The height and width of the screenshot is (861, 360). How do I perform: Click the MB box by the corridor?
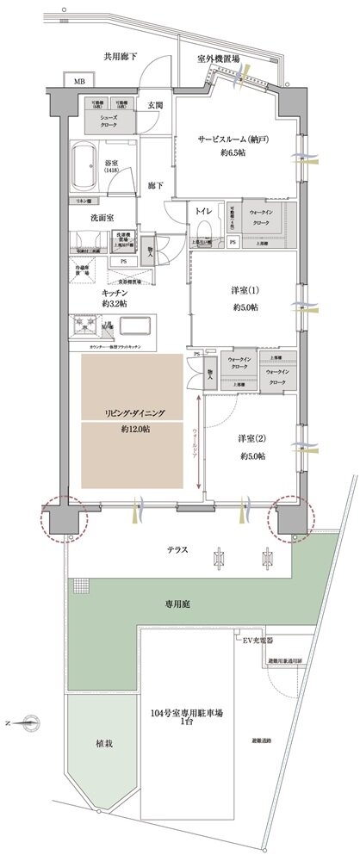pyautogui.click(x=78, y=81)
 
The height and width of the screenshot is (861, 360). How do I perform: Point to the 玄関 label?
pyautogui.click(x=154, y=106)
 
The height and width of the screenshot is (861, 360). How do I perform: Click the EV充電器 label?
pyautogui.click(x=259, y=641)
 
